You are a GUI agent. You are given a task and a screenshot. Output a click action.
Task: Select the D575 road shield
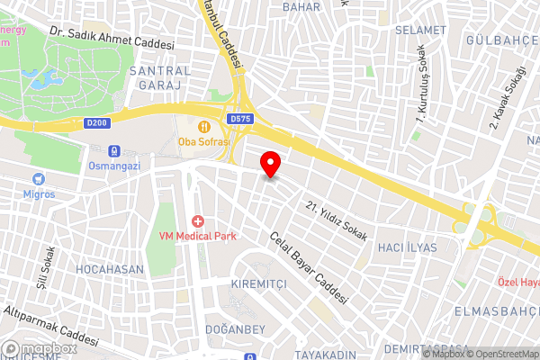tap(239, 118)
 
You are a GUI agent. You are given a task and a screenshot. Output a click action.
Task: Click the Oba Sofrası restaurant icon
tap(205, 126)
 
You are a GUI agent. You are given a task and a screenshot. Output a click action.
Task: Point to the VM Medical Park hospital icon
tap(198, 221)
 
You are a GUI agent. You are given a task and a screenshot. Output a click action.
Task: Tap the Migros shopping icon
tap(38, 179)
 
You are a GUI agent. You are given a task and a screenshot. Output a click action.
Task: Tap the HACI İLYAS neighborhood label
tap(408, 247)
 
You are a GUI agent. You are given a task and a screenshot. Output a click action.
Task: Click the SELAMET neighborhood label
tap(420, 31)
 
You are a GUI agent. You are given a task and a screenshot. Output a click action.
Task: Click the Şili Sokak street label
tap(45, 261)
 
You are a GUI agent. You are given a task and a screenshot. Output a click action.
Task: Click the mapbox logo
tap(40, 348)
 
